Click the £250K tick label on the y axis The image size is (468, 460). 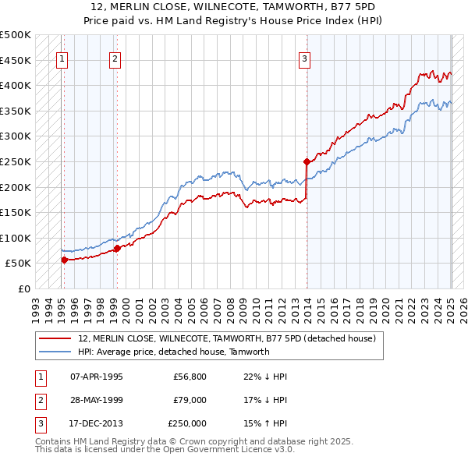coord(16,161)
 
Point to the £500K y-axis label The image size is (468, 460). coord(16,35)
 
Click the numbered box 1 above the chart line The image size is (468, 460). coord(62,58)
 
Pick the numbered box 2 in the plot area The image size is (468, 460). coord(115,58)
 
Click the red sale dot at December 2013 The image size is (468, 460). coord(307,162)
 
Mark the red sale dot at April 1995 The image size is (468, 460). coord(64,260)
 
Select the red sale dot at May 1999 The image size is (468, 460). coord(117,249)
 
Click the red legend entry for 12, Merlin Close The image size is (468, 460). coord(227,338)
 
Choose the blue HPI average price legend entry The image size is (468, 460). coord(173,352)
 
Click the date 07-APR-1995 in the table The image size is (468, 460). coord(97,377)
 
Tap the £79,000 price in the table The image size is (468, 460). coord(190,400)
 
